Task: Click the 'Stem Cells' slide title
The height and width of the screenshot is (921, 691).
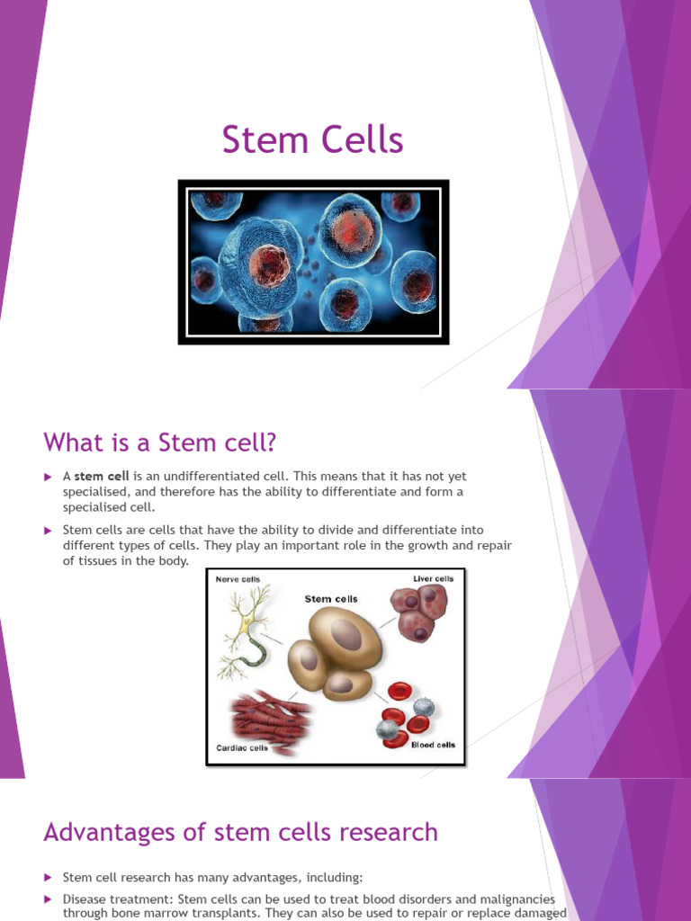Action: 312,141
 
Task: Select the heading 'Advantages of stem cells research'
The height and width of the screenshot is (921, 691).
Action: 240,832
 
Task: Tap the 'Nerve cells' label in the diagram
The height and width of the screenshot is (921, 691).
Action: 238,579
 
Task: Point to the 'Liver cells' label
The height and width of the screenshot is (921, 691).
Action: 433,578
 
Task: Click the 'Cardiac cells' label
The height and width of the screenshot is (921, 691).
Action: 242,747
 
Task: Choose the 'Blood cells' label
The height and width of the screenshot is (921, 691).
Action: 433,745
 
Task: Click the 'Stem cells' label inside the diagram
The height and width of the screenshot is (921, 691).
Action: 331,598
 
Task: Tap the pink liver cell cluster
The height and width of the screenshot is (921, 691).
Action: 418,612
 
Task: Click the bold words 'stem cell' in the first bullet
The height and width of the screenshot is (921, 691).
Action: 101,476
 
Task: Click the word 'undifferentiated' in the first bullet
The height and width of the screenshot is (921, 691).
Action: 194,476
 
